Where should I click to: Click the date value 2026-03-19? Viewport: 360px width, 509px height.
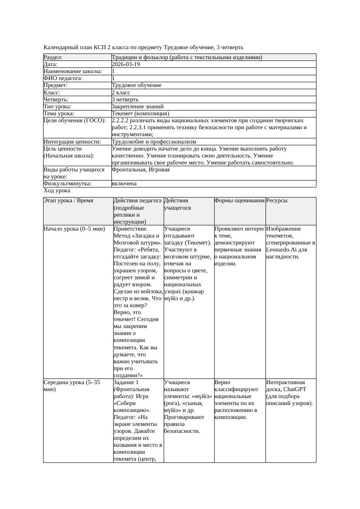126,64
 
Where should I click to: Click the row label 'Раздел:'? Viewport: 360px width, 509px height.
53,57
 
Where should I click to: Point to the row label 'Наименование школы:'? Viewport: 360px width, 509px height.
73,71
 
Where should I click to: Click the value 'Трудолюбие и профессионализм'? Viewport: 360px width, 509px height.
154,142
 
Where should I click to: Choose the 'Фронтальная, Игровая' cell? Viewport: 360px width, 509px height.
141,170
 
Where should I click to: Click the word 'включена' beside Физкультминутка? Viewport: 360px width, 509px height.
124,184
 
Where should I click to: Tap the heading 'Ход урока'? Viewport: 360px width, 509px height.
57,191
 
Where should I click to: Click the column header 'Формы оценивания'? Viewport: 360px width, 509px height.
239,201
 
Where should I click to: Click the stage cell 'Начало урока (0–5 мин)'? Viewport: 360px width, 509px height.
74,228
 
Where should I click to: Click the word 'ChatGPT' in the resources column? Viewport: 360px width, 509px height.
296,389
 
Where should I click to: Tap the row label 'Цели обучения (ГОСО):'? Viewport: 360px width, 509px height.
74,121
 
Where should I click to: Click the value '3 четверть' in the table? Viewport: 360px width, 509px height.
125,100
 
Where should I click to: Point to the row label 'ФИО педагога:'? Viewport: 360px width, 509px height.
63,78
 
